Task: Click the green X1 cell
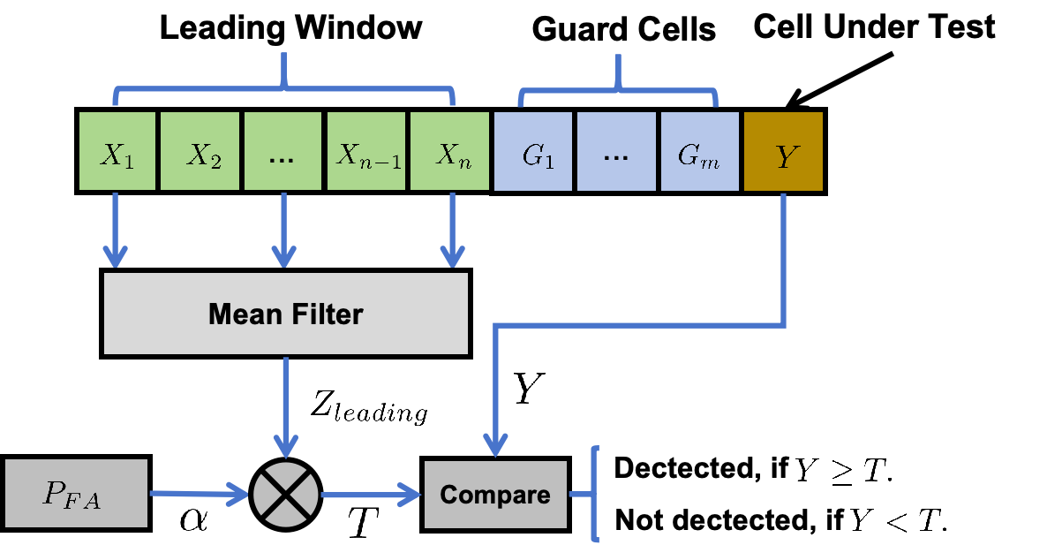coord(117,151)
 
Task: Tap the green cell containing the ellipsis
coord(282,151)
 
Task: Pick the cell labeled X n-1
coord(365,151)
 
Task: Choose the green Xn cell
coord(448,151)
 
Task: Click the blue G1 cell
coord(533,151)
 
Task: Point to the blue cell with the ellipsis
coord(615,151)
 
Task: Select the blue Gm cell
coord(699,151)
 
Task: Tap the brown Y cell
coord(783,151)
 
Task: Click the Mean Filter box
coord(285,314)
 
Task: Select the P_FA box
coord(76,493)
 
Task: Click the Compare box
coord(495,495)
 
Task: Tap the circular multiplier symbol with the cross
coord(285,494)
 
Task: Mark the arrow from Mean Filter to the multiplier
coord(285,406)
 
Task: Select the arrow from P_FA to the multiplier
coord(199,494)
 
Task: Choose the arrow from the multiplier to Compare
coord(371,494)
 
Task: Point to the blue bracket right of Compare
coord(595,494)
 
